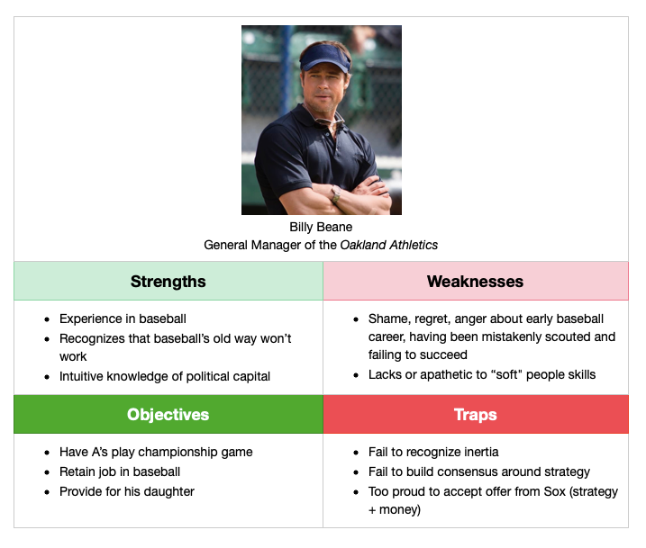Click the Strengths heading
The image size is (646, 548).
point(168,282)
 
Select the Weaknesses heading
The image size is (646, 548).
point(475,282)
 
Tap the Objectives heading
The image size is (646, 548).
point(168,415)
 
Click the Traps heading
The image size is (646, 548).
point(476,415)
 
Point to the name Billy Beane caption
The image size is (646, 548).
point(321,227)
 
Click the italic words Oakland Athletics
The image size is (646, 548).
point(389,245)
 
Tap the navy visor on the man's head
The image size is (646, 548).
point(325,58)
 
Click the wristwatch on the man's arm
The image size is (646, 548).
point(336,194)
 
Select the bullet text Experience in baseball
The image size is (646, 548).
point(123,319)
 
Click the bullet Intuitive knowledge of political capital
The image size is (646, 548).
point(165,376)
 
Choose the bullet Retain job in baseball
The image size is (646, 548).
point(120,472)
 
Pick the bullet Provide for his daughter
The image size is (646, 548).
point(127,491)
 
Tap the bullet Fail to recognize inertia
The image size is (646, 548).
point(433,452)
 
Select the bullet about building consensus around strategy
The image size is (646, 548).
point(479,472)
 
